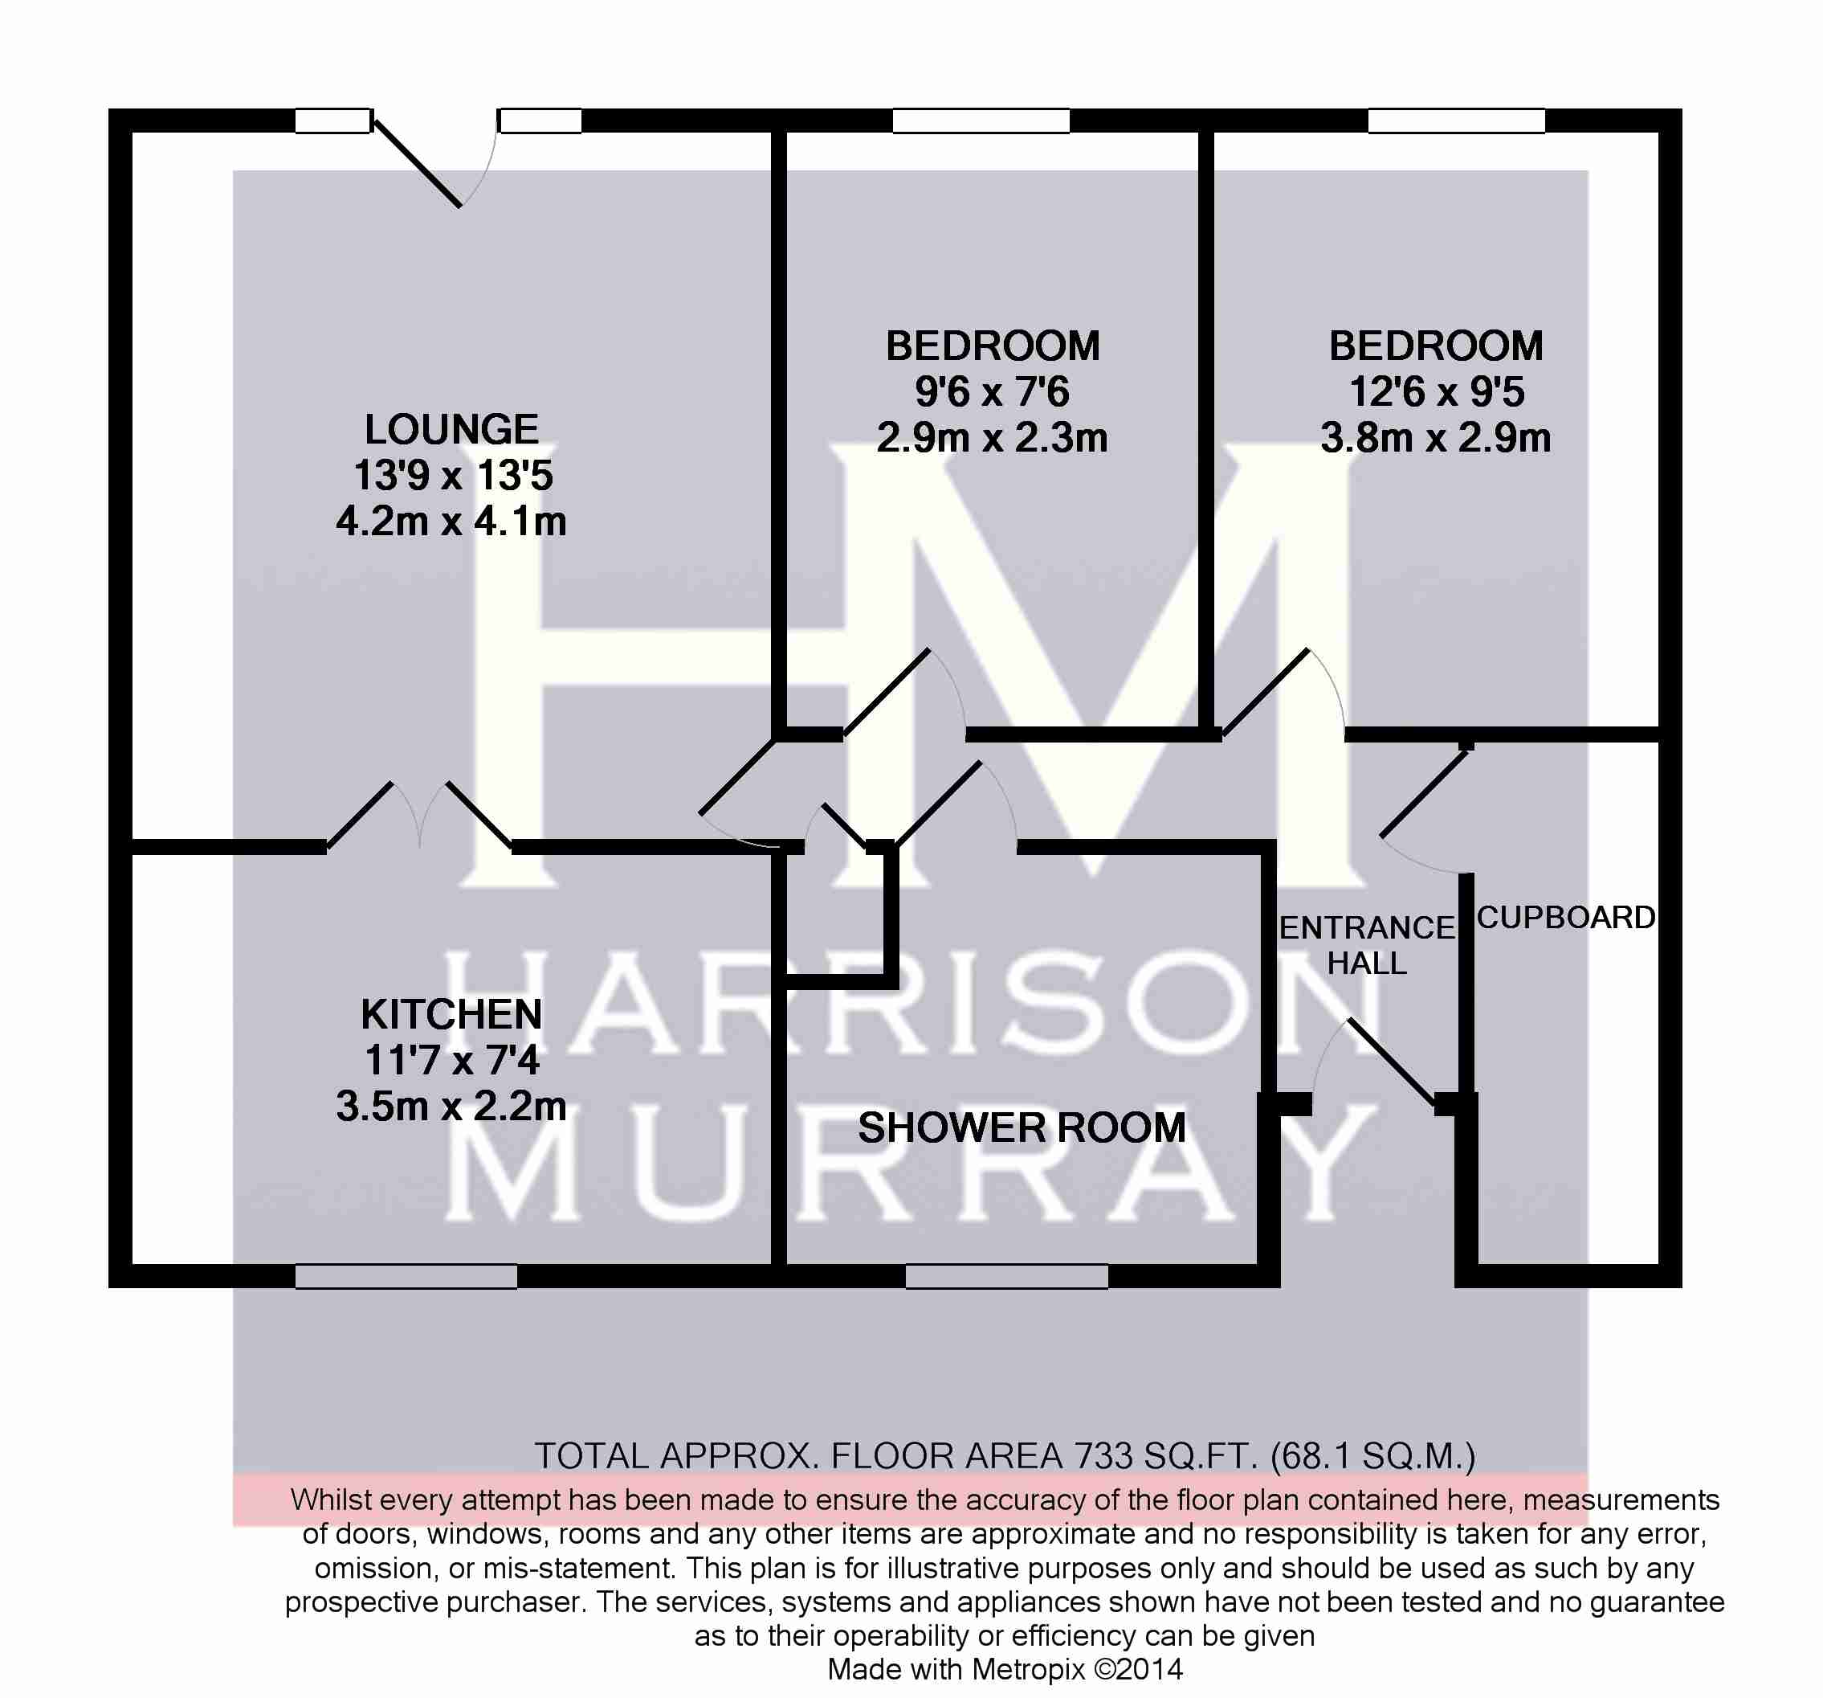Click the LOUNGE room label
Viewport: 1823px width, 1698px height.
(451, 429)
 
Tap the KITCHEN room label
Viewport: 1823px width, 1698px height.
(451, 1015)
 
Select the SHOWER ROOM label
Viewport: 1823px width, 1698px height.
(1022, 1127)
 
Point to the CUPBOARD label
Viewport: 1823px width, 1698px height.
(1565, 918)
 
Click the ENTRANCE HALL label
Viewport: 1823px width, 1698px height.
(1366, 945)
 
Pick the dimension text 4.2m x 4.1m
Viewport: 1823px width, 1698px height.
(451, 521)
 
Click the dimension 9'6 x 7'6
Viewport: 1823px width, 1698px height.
(992, 391)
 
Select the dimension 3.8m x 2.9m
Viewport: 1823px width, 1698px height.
(1436, 438)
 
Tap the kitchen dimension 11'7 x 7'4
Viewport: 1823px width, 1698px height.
(451, 1061)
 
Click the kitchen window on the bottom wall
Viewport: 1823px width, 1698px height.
(406, 1275)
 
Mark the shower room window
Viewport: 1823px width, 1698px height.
(1007, 1275)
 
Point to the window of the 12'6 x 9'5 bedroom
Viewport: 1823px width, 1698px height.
(1456, 121)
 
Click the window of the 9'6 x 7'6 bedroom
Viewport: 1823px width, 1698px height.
(981, 121)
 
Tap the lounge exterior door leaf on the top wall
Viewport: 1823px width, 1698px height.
(418, 163)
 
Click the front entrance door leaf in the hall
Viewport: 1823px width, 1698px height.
(1392, 1062)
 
